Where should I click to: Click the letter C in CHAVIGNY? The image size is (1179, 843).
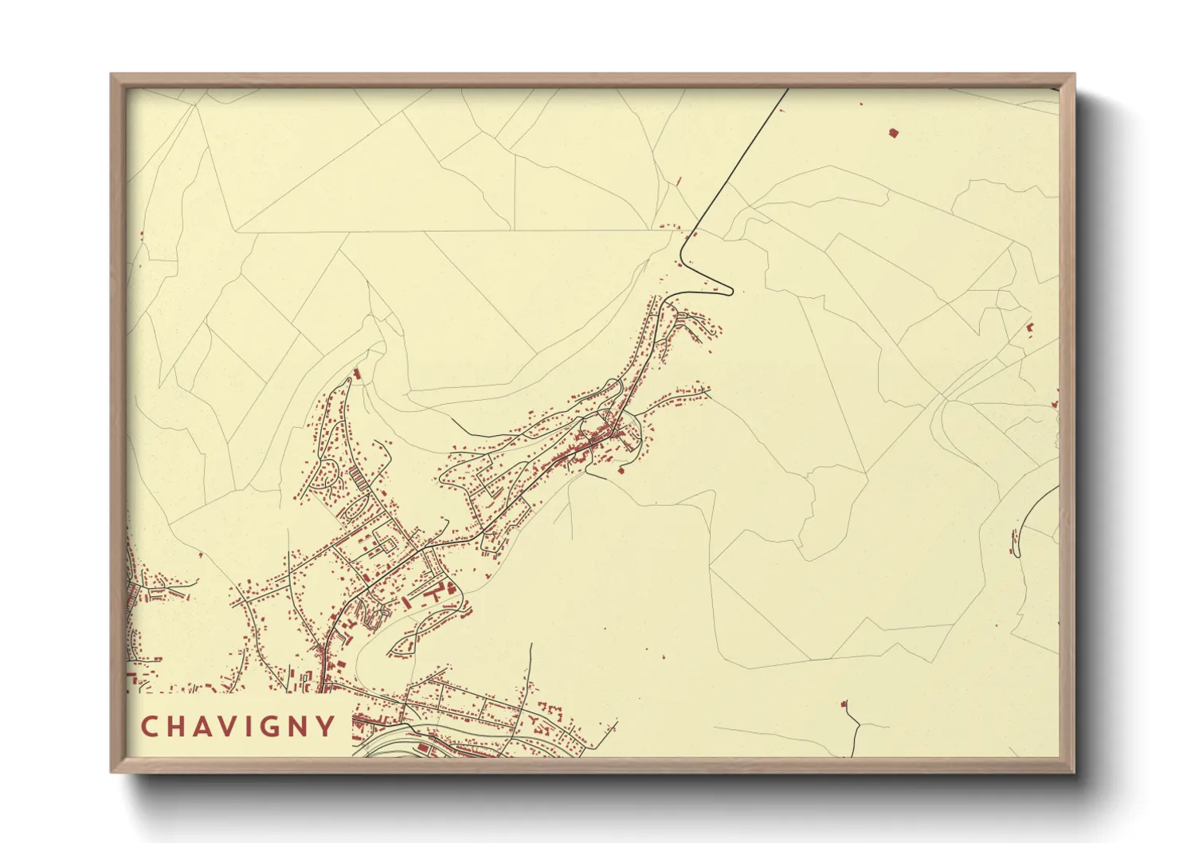[x=149, y=727]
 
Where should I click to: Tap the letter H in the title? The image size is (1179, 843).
[x=178, y=727]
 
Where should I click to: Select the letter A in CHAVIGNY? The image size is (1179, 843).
[x=205, y=727]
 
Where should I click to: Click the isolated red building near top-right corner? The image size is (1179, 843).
[x=893, y=132]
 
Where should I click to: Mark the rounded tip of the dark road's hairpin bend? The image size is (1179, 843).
[x=730, y=292]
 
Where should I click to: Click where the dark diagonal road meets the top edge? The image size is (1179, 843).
[x=788, y=88]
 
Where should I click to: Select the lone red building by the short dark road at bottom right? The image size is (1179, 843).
[x=844, y=704]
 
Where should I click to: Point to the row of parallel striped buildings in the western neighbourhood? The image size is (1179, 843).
[x=359, y=479]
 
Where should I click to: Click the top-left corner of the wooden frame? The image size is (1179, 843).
[x=112, y=75]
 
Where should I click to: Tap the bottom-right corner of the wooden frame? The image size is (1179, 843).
[x=1074, y=772]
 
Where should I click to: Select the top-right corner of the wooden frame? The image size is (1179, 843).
[x=1074, y=75]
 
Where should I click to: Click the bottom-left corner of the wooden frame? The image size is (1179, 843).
[x=112, y=772]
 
